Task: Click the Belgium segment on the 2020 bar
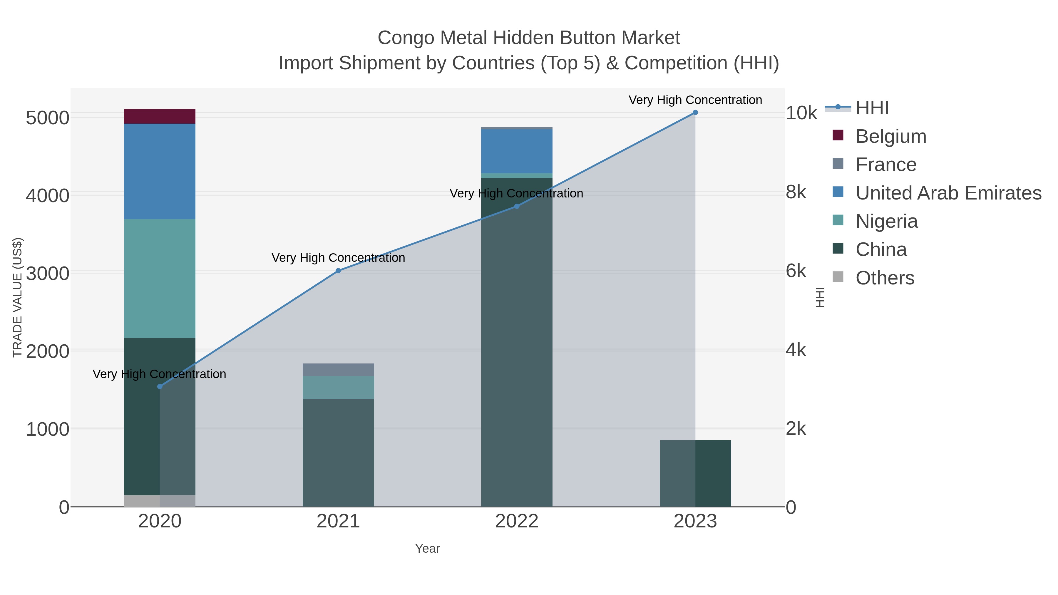click(x=159, y=116)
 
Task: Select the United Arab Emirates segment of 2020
click(x=159, y=171)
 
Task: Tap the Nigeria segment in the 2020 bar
click(x=159, y=279)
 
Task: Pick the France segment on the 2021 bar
click(x=338, y=370)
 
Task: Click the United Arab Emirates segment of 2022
click(x=516, y=151)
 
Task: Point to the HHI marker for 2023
click(x=695, y=113)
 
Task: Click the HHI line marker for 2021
click(x=338, y=271)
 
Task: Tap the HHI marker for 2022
click(x=516, y=207)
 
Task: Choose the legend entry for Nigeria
click(x=886, y=221)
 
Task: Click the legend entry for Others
click(x=885, y=278)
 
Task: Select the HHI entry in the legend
click(x=872, y=108)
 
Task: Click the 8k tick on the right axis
click(x=796, y=192)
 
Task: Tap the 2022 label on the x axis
click(x=516, y=522)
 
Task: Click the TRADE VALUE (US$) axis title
click(x=17, y=297)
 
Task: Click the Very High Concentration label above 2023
click(x=695, y=100)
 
